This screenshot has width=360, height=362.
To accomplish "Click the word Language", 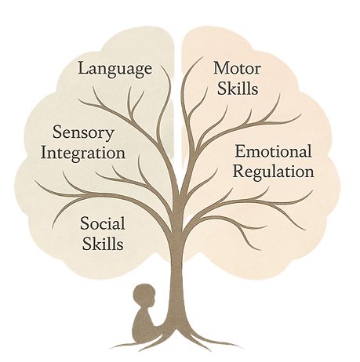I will pos(115,68).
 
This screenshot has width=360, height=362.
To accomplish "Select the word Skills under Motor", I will pos(235,88).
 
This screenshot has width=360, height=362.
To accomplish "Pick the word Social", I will pos(102,224).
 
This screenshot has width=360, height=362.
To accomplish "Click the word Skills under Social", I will pos(103,244).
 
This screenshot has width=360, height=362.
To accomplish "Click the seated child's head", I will pos(144,297).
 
